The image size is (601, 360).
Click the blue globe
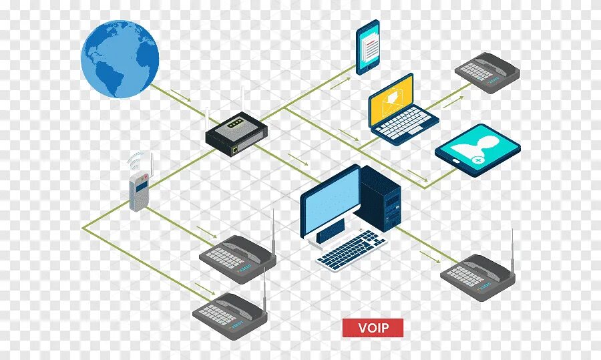[120, 58]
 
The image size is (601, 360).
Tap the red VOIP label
[373, 328]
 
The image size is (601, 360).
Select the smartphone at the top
[368, 47]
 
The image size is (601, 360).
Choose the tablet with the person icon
[477, 149]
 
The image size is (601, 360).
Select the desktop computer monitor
[330, 202]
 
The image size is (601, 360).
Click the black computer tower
[380, 198]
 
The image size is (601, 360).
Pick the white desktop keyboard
[352, 249]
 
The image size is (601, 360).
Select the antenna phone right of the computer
[477, 275]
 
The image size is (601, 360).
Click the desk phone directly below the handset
[237, 257]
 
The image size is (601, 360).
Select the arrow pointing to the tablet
[417, 175]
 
